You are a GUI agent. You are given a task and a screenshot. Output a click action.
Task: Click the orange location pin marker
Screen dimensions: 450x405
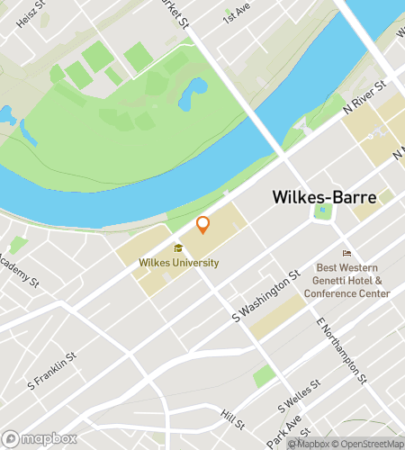[203, 225]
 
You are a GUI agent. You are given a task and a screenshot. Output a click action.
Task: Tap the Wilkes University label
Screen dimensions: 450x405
[178, 263]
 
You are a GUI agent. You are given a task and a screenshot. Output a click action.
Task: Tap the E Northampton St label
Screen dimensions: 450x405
[342, 350]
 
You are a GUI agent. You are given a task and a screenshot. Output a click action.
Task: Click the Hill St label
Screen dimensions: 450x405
[232, 420]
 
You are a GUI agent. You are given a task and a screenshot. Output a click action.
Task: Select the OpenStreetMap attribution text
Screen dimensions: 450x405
[364, 443]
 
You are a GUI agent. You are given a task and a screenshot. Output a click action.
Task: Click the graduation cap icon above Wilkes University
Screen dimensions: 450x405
[178, 248]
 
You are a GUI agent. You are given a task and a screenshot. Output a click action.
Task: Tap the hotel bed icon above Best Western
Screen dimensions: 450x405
[346, 253]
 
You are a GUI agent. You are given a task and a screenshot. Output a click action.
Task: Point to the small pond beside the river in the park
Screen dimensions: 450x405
[193, 94]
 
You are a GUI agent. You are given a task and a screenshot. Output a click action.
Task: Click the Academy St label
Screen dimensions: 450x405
[20, 271]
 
